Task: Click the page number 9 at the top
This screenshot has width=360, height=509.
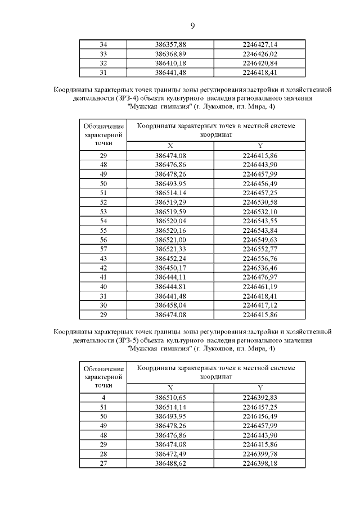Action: (192, 25)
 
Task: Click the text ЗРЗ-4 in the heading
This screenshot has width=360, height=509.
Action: (128, 98)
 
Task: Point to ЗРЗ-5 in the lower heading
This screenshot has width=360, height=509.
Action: (128, 341)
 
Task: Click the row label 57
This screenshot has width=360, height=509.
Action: (103, 249)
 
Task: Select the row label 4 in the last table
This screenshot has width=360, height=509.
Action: (103, 398)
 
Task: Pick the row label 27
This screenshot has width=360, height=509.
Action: (103, 463)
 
